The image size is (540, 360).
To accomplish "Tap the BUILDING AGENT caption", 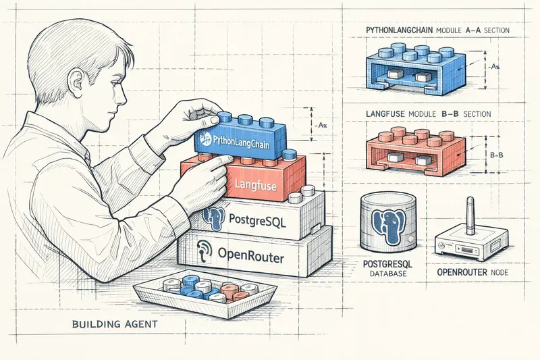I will click(114, 325).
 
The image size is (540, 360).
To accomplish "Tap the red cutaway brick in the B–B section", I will click(414, 152).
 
